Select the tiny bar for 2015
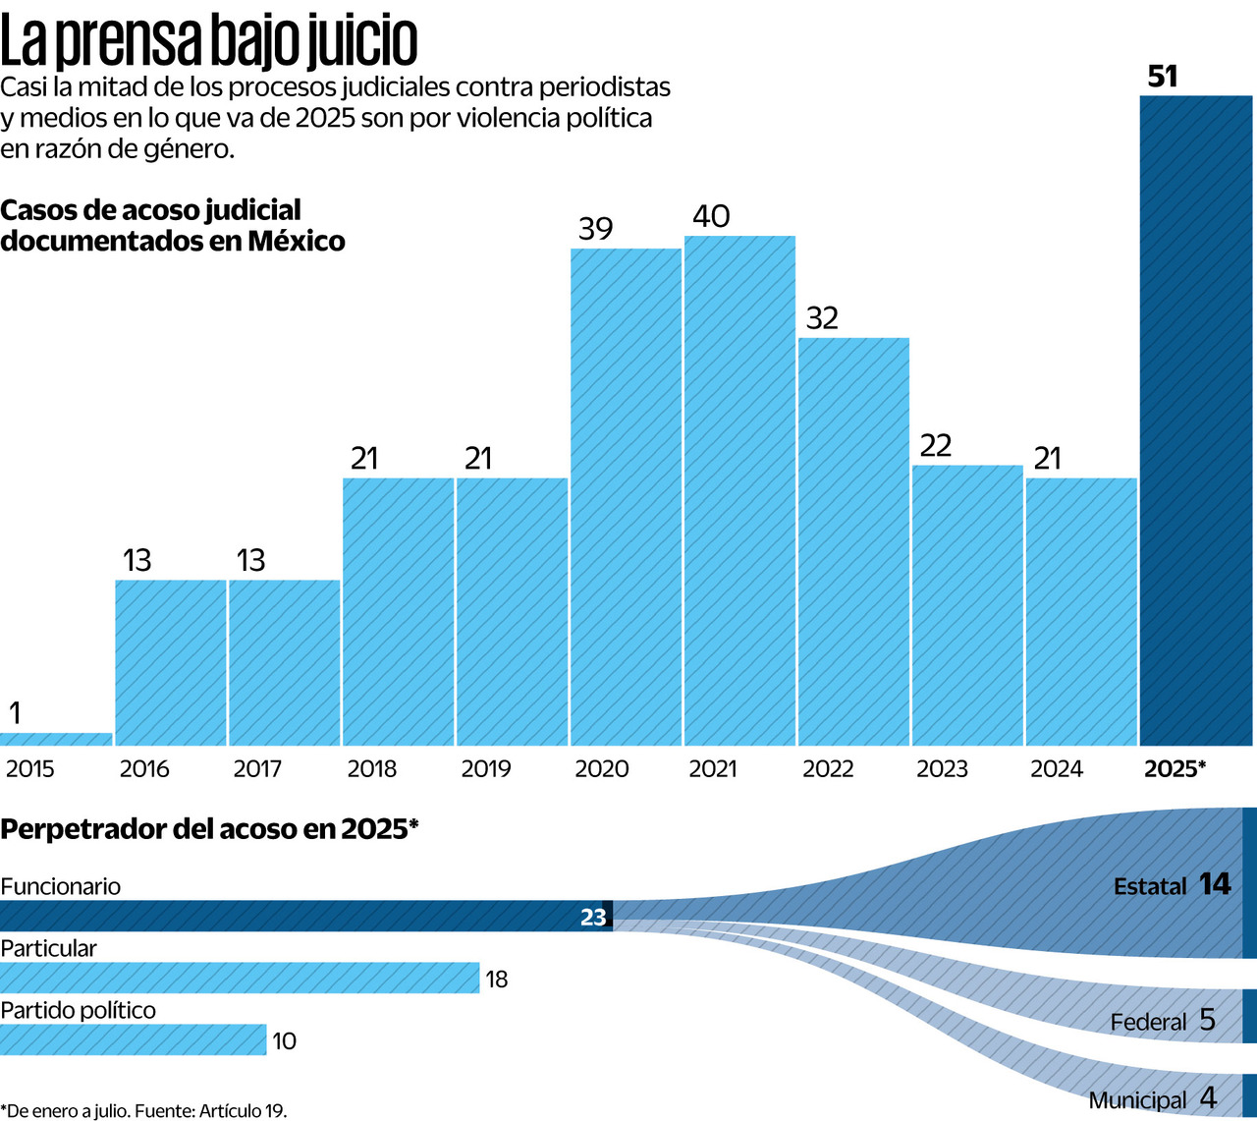click(x=56, y=739)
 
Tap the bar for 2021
click(x=739, y=491)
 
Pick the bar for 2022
click(x=853, y=541)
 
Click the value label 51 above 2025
click(x=1162, y=77)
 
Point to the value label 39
click(x=595, y=229)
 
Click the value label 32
click(x=822, y=318)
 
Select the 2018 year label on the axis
click(x=371, y=768)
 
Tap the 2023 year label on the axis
click(x=941, y=768)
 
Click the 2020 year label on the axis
click(x=601, y=768)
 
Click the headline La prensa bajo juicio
click(x=209, y=41)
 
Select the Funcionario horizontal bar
click(x=295, y=916)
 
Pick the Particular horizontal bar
click(x=240, y=978)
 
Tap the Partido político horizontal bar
click(x=133, y=1039)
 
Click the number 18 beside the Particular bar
click(x=497, y=980)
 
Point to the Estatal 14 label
click(x=1172, y=885)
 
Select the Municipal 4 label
click(x=1152, y=1099)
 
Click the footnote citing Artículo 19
click(x=143, y=1111)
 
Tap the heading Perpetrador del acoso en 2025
click(x=209, y=829)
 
